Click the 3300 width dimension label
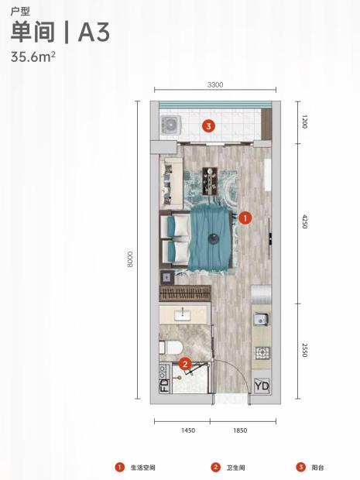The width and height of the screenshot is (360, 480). point(215,84)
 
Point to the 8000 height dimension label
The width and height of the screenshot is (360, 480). point(130,259)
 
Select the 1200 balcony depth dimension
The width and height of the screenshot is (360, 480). point(304,122)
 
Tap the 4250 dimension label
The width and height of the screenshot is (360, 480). point(304,221)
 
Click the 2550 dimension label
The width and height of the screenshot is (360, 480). point(304,350)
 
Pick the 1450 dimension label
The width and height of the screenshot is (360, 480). point(188,430)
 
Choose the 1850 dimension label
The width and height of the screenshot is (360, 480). point(240,430)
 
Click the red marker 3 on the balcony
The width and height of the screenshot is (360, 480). point(208,125)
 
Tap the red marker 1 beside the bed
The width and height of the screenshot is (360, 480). point(245,218)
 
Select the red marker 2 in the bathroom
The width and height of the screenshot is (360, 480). point(185,364)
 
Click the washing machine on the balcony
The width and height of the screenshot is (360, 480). point(171,125)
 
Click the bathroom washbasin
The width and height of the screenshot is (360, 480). point(183,314)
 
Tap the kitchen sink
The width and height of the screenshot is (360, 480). point(261,319)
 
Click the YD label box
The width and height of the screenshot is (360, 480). point(262,386)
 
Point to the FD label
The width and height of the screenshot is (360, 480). point(164,386)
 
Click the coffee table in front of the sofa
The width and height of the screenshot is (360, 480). point(211,181)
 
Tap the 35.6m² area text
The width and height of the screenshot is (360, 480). point(33,57)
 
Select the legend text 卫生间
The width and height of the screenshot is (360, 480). point(235,468)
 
